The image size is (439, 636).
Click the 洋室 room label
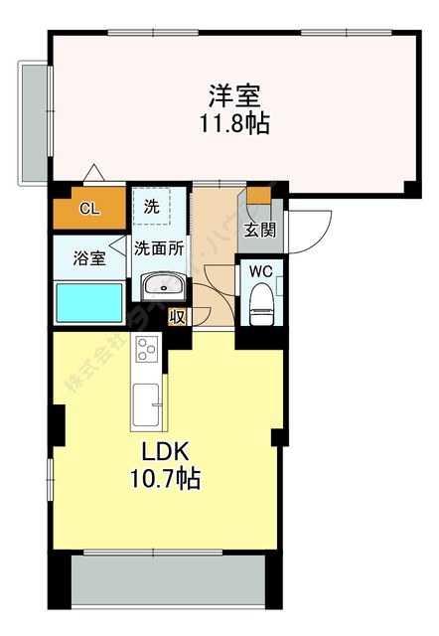234,96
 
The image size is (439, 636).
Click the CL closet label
88,209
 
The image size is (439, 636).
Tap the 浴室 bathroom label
88,258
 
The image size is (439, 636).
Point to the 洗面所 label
159,249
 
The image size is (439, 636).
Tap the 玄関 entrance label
263,232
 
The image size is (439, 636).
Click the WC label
261,270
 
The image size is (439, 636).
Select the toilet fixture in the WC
261,303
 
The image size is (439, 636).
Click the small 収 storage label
178,317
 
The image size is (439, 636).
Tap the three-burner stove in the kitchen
147,350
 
